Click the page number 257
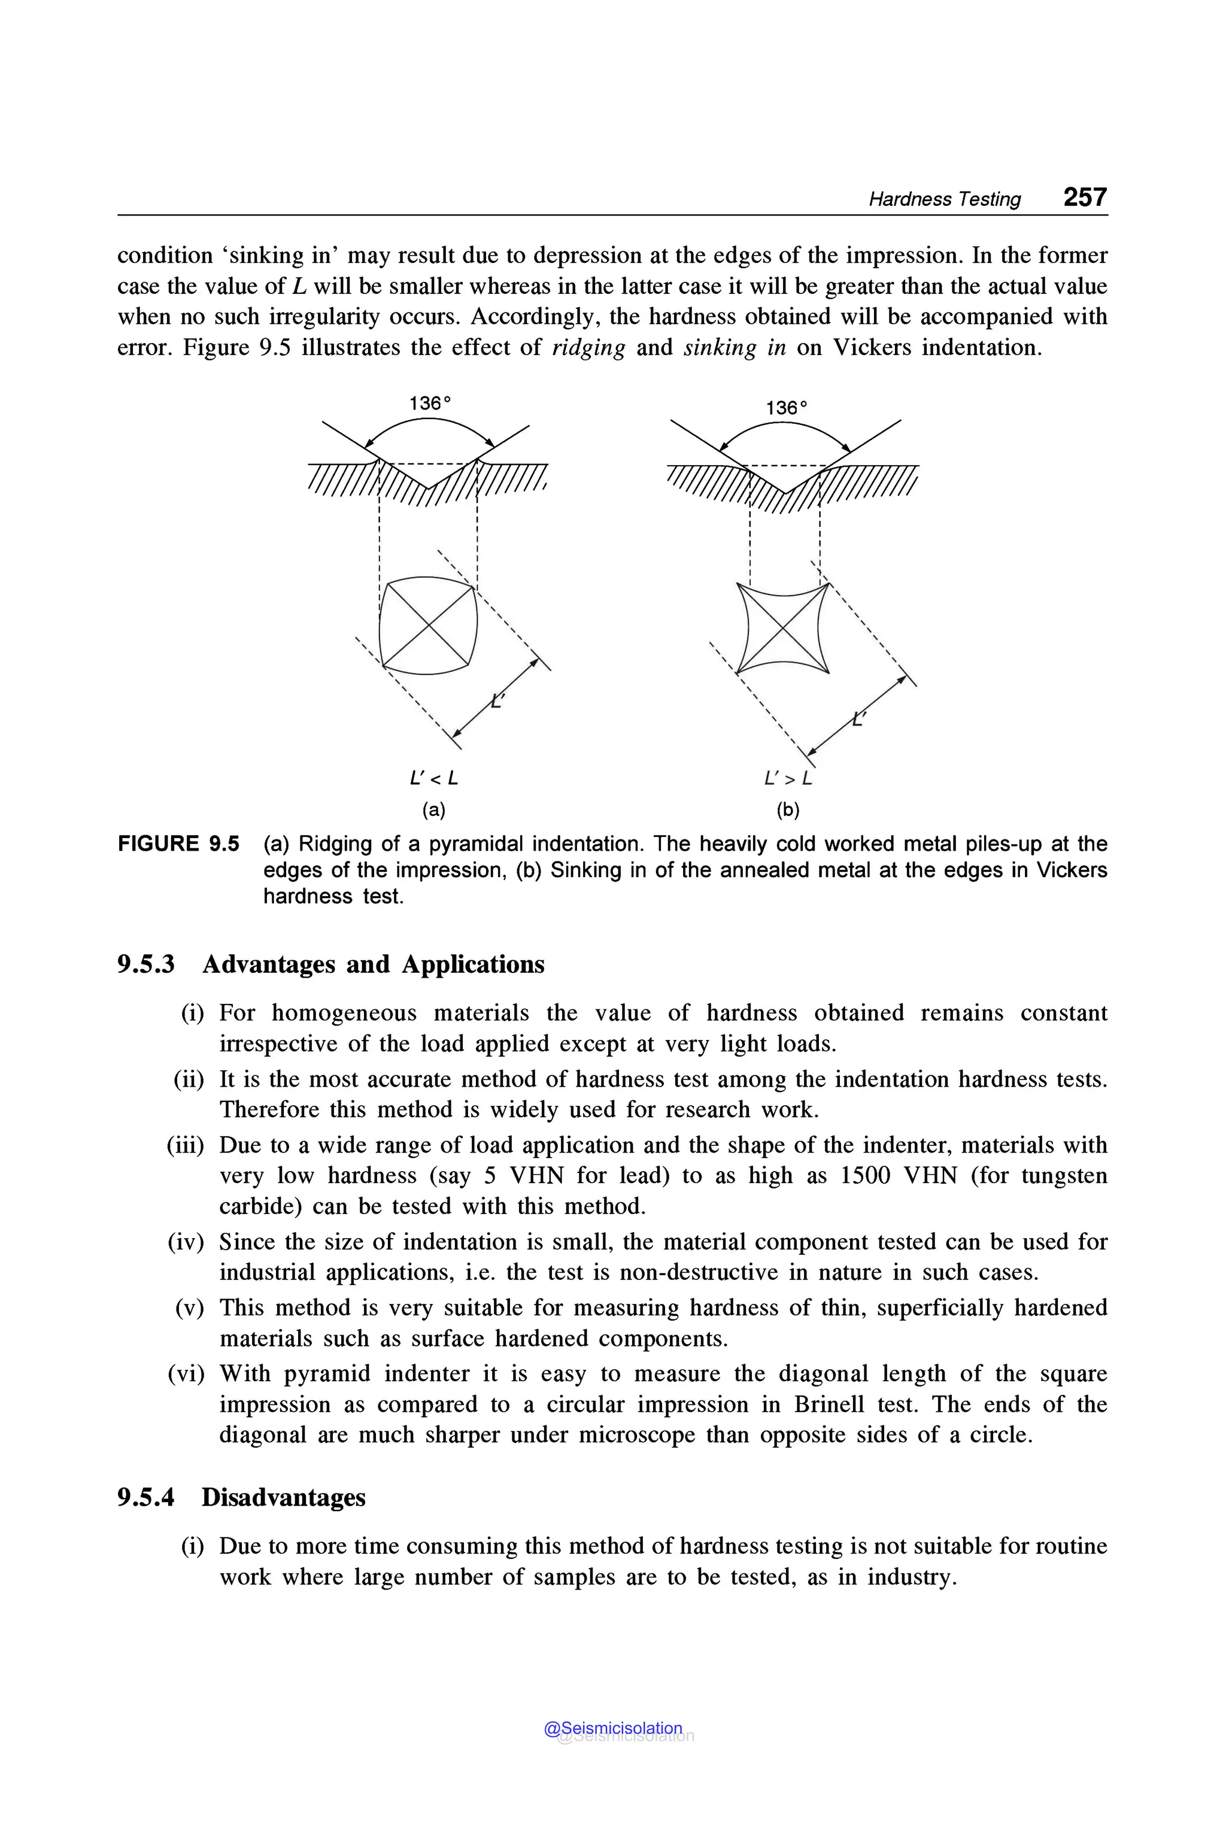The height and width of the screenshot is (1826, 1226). (x=1085, y=197)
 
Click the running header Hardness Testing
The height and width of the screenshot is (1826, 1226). (x=945, y=199)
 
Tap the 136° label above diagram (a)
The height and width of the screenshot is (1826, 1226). (x=430, y=404)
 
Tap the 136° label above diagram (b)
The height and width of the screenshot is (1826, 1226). (x=787, y=408)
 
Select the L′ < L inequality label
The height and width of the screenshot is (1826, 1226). (x=434, y=778)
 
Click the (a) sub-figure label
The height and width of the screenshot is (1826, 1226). (x=433, y=809)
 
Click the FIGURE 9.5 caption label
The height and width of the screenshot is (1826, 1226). (x=178, y=844)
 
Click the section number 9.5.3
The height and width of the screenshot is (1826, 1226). (x=146, y=964)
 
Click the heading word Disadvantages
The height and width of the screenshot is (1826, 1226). (x=283, y=1497)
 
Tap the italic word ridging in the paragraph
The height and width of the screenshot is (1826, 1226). (x=589, y=347)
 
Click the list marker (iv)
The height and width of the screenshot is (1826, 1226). (x=186, y=1242)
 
